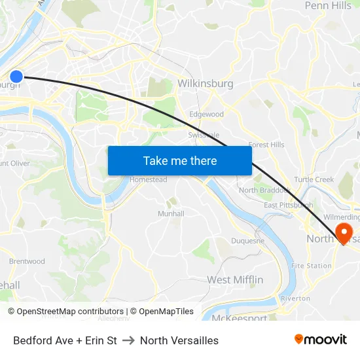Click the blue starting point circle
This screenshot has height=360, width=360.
16,77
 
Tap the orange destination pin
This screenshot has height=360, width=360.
343,232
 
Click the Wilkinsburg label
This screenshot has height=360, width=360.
205,84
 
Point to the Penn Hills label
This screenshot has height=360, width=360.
328,6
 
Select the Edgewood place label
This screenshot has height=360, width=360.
206,115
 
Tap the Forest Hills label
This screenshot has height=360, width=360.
266,145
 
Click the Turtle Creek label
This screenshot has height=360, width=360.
314,180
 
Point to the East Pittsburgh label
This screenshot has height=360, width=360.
288,206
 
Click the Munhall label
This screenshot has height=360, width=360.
171,214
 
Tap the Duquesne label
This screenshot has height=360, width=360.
248,241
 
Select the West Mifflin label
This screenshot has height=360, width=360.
235,280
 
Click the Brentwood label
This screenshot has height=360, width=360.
27,262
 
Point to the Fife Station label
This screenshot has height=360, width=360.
311,266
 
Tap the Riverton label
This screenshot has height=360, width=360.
295,298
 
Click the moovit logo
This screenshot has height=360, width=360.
320,339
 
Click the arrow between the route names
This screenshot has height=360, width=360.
128,340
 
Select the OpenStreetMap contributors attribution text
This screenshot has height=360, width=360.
65,312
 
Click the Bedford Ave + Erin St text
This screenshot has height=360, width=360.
65,340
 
